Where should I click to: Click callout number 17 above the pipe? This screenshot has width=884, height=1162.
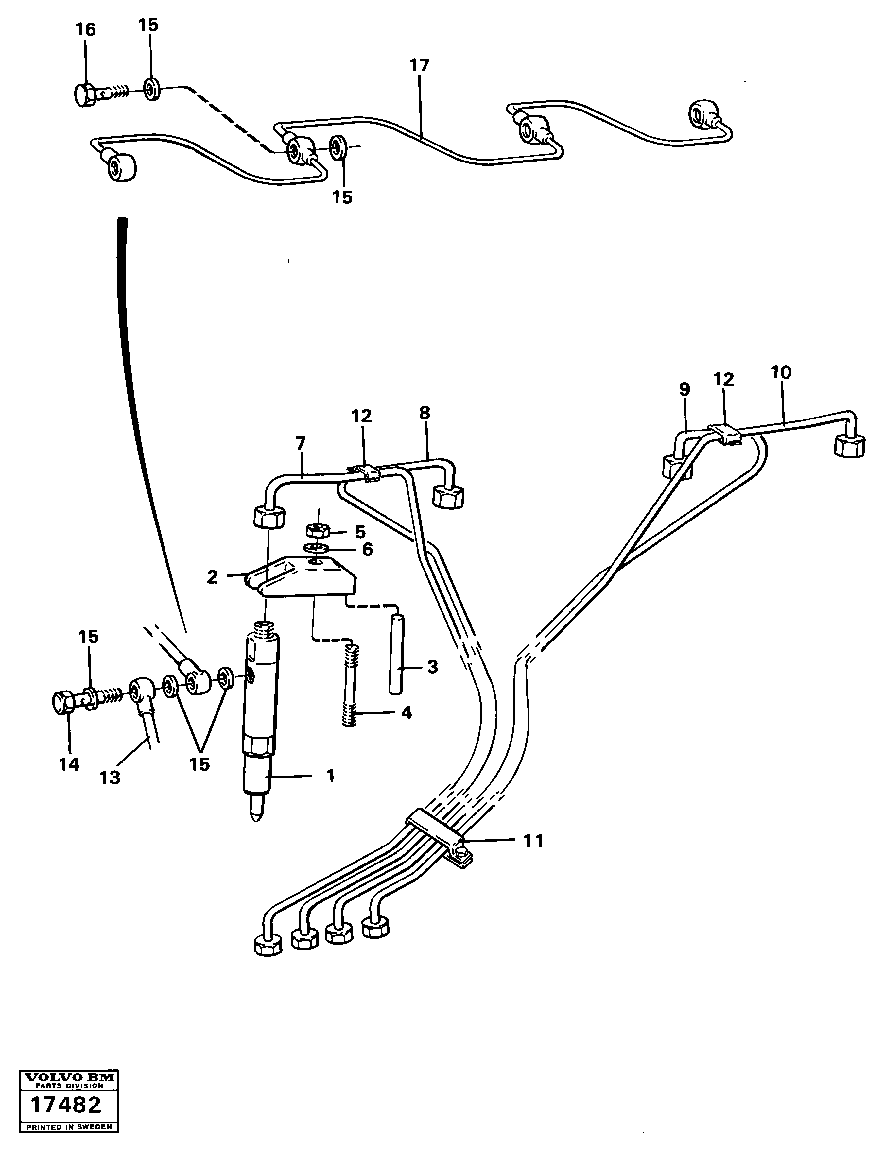tap(419, 66)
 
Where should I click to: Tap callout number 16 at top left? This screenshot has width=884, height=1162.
tap(85, 30)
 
